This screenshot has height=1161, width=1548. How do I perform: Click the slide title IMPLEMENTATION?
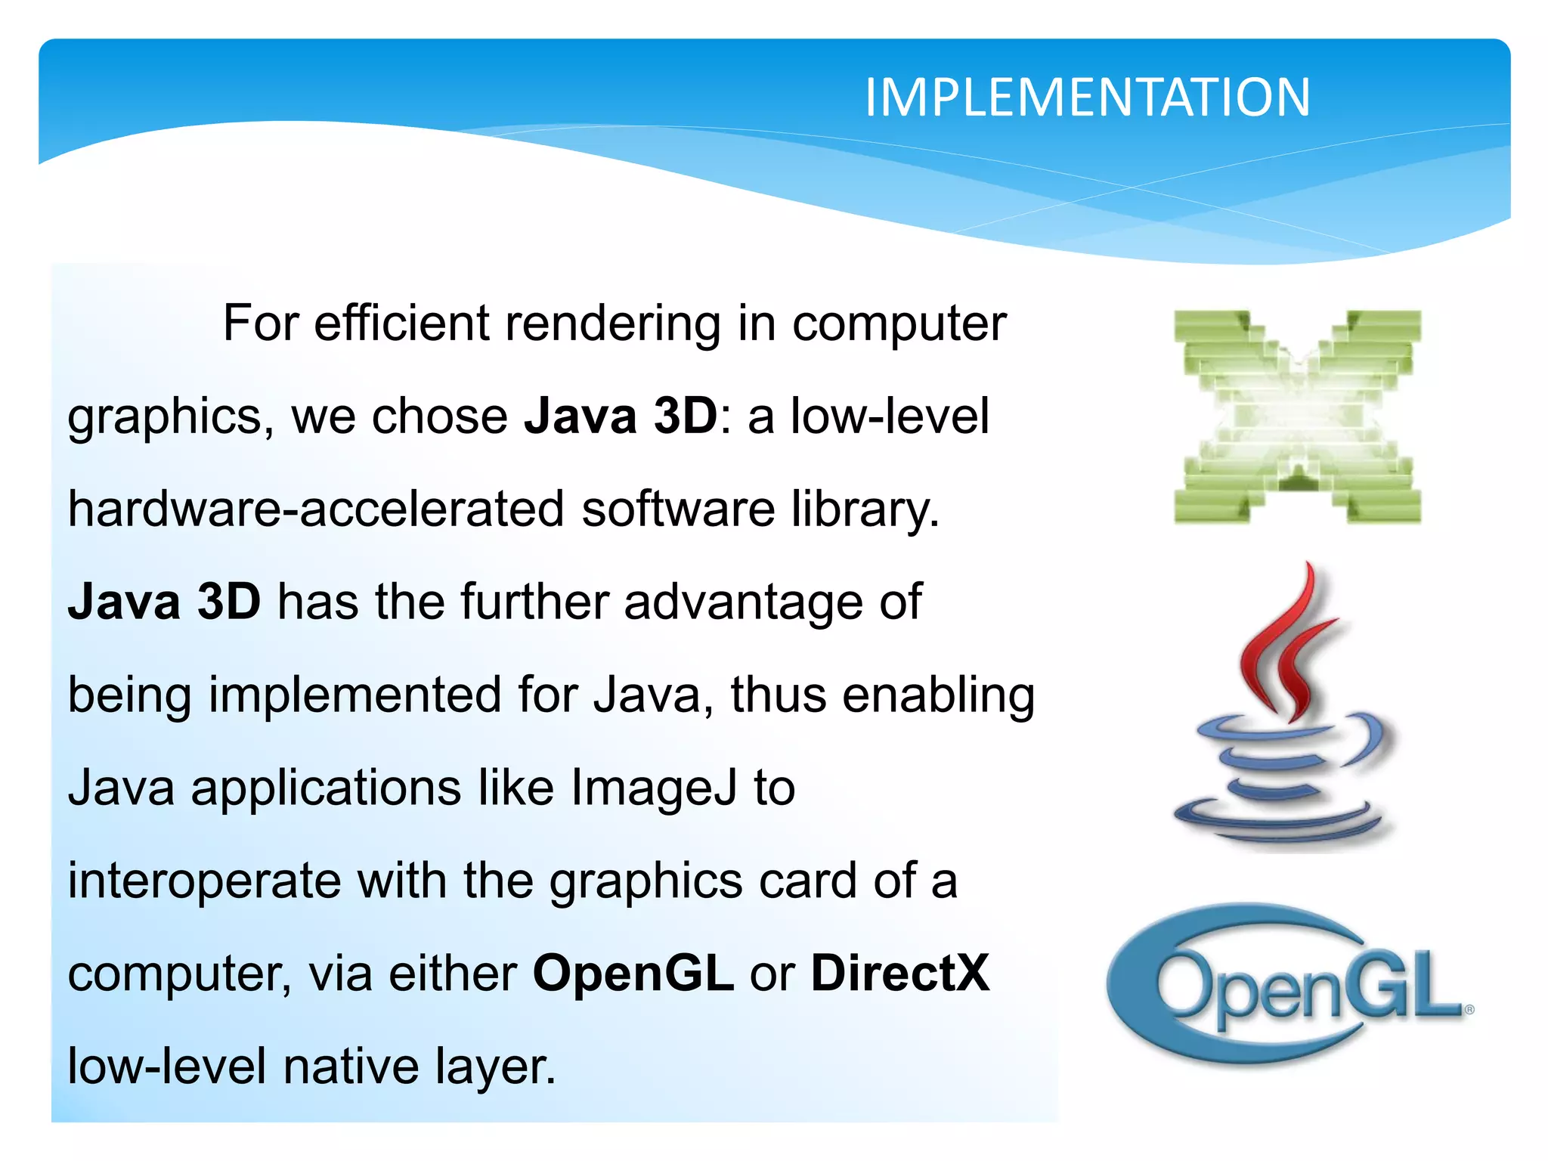click(x=1087, y=98)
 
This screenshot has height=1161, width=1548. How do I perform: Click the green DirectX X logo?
click(x=1297, y=416)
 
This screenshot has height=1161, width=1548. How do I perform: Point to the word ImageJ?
click(x=653, y=788)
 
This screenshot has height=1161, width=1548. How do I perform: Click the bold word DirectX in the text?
click(x=899, y=973)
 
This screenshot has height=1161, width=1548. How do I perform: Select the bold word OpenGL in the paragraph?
click(x=633, y=973)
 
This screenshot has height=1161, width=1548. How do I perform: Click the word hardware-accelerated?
click(x=316, y=509)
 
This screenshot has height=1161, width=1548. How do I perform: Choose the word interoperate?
click(x=204, y=881)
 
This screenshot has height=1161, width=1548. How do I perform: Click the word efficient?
click(x=401, y=324)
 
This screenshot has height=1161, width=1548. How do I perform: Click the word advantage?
click(x=743, y=602)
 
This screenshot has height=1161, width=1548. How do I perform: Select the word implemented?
click(x=354, y=695)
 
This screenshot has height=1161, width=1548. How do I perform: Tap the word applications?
click(x=326, y=788)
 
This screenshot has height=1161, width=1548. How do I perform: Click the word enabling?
click(x=938, y=695)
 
